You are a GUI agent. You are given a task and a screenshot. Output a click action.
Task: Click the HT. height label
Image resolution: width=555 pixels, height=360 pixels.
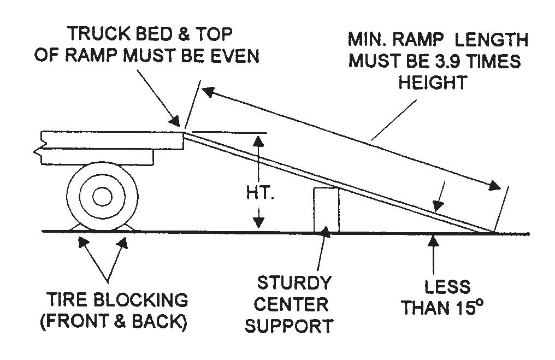pos(260,193)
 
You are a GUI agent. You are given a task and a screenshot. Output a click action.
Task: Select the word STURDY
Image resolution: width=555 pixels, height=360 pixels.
pos(293,283)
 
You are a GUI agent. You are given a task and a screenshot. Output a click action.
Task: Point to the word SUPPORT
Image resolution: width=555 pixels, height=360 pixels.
pos(289,326)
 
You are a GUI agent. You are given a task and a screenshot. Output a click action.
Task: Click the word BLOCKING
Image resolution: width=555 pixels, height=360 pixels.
pos(142,300)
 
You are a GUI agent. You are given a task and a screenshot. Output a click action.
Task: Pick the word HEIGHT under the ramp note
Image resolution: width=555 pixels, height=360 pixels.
pos(433,83)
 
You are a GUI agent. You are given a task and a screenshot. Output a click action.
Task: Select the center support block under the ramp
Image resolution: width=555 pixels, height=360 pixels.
pos(326,210)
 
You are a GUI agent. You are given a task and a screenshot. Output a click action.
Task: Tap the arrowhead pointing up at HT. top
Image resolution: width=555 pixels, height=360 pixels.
pos(259,141)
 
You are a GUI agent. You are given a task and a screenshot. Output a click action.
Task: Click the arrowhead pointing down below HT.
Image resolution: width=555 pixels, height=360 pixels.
pos(259,223)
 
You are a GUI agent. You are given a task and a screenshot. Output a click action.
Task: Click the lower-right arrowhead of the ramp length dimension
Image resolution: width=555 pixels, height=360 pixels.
pos(494,186)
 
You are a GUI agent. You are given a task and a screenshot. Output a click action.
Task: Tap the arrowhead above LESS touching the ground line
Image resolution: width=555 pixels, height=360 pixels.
pos(433,241)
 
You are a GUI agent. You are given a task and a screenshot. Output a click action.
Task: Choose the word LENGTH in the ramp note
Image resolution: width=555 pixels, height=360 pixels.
pos(492,40)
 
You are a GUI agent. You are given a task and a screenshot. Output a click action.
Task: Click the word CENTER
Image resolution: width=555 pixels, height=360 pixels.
pos(291,304)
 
